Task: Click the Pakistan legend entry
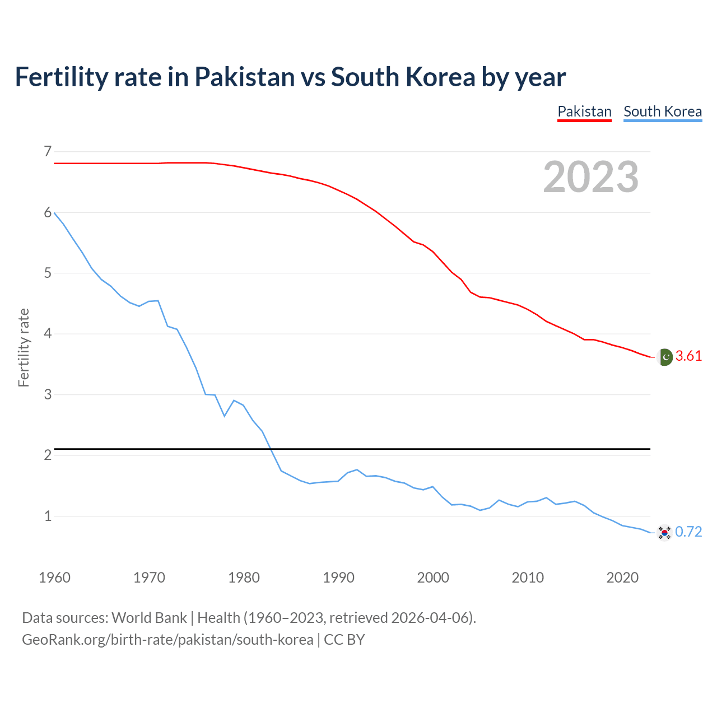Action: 584,111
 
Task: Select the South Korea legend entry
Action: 663,111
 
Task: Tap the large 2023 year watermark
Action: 591,177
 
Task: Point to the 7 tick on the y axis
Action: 48,151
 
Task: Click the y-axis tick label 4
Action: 48,334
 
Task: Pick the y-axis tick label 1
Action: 48,516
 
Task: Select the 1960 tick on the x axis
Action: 54,578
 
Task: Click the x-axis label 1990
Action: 338,578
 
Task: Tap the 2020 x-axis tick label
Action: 622,578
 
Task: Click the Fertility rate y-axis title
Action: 24,347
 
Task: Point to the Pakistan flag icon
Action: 665,356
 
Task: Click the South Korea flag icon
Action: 664,532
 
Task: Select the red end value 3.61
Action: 688,356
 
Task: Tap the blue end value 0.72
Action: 688,532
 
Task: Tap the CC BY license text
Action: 344,640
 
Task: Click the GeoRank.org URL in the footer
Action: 167,640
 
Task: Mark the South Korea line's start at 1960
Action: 54,213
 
